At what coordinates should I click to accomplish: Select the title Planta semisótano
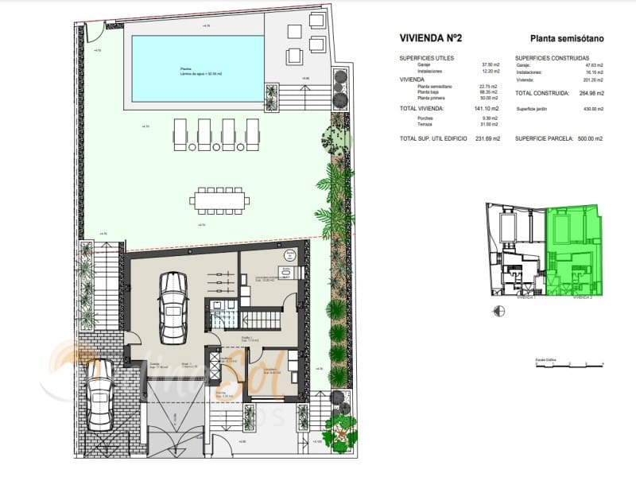[566, 37]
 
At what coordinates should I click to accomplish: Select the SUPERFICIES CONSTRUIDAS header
[552, 59]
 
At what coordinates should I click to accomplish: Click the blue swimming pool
[196, 70]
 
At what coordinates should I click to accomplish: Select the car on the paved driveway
[99, 394]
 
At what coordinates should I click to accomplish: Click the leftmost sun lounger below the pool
[180, 134]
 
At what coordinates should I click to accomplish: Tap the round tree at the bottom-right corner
[341, 429]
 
